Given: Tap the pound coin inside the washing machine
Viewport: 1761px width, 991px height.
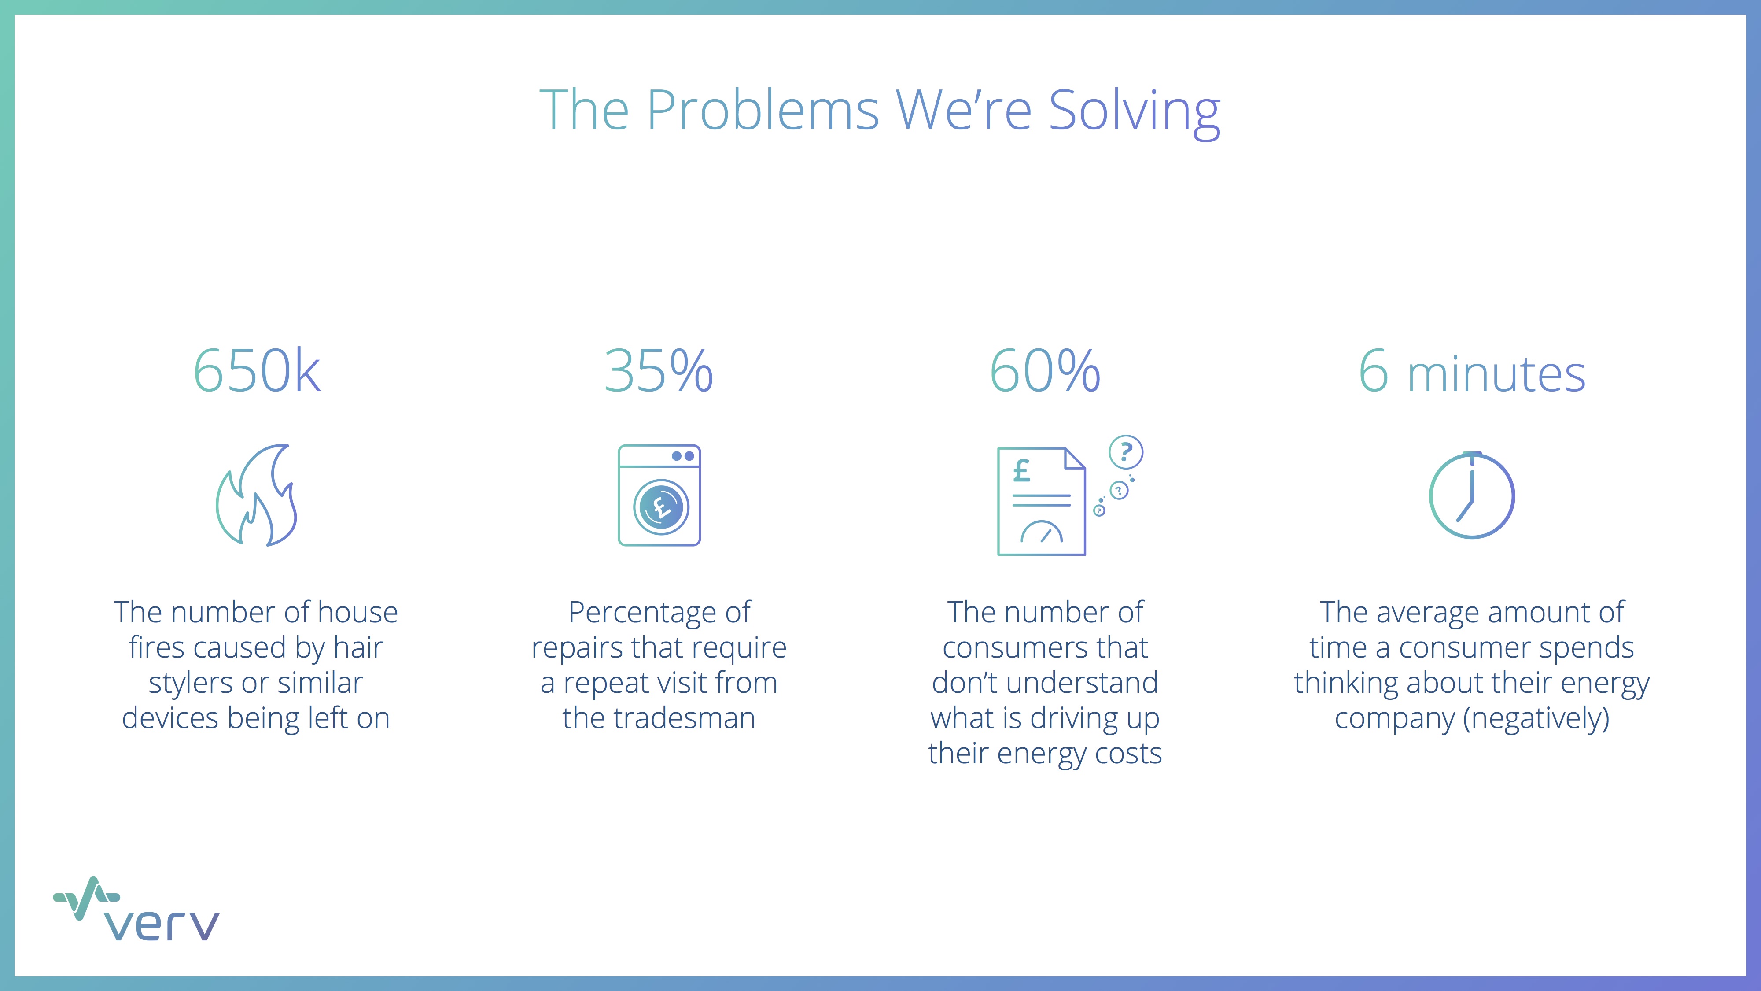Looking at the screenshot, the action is tap(660, 507).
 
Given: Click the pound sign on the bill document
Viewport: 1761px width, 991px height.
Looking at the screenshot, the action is tap(1021, 470).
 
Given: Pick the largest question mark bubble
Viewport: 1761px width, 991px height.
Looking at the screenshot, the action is tap(1126, 452).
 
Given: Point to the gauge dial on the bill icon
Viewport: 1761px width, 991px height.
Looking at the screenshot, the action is tap(1041, 532).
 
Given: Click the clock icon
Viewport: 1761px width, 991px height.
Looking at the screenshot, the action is tap(1472, 495).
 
